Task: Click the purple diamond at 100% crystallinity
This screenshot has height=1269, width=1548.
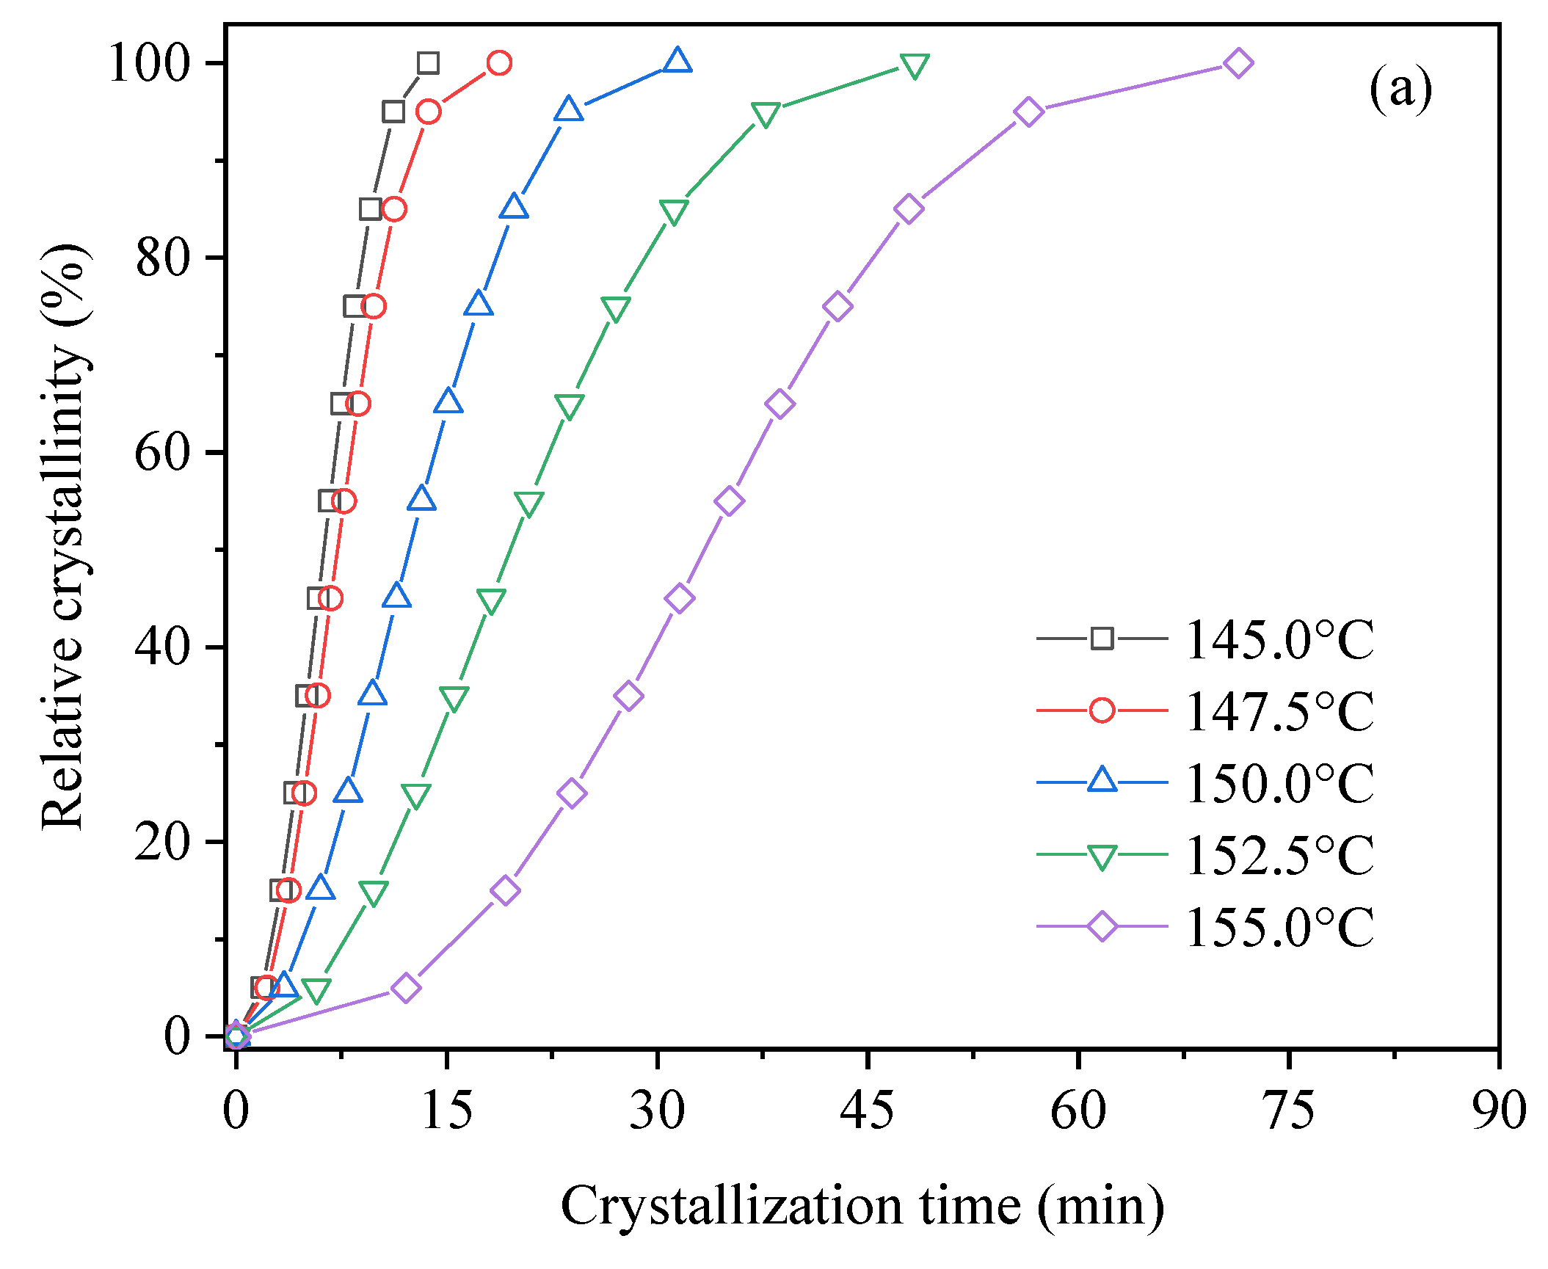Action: click(x=1238, y=63)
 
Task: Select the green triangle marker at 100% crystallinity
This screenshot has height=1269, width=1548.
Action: click(x=915, y=66)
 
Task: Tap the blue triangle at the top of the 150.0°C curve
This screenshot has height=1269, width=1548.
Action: click(x=677, y=61)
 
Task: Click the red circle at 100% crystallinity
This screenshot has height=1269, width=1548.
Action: click(x=499, y=63)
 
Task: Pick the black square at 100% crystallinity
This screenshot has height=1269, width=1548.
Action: click(x=429, y=63)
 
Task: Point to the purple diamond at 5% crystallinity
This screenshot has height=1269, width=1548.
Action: click(x=406, y=987)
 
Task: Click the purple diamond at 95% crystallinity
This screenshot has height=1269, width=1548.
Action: click(x=1028, y=112)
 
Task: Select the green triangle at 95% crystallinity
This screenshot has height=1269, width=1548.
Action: click(x=766, y=114)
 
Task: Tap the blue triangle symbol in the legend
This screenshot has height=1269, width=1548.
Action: click(x=1102, y=780)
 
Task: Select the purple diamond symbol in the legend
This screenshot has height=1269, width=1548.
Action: click(x=1102, y=926)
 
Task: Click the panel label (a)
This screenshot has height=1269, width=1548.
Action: click(x=1400, y=90)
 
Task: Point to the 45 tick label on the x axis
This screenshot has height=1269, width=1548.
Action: click(x=868, y=1110)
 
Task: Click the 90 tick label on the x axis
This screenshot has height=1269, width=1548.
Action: click(x=1498, y=1110)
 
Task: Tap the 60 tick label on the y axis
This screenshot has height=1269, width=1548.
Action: click(x=162, y=453)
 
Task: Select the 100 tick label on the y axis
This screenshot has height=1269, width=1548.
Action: click(x=149, y=64)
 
